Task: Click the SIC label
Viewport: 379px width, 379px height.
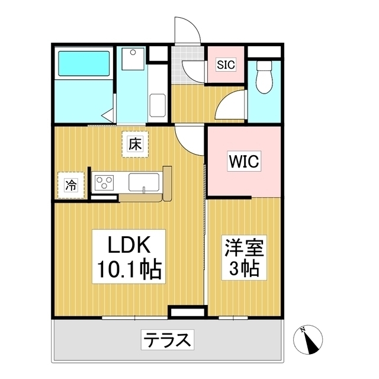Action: (x=225, y=65)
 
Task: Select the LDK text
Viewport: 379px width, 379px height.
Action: (x=130, y=245)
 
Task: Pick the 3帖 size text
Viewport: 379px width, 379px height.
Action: (x=243, y=269)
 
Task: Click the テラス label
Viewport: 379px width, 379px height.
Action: (x=168, y=340)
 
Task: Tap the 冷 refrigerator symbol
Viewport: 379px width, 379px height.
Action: (x=70, y=185)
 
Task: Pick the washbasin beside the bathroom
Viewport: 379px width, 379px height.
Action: (x=131, y=59)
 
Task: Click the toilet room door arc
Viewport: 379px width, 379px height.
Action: (x=231, y=107)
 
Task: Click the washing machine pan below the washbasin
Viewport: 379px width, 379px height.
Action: (x=158, y=105)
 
